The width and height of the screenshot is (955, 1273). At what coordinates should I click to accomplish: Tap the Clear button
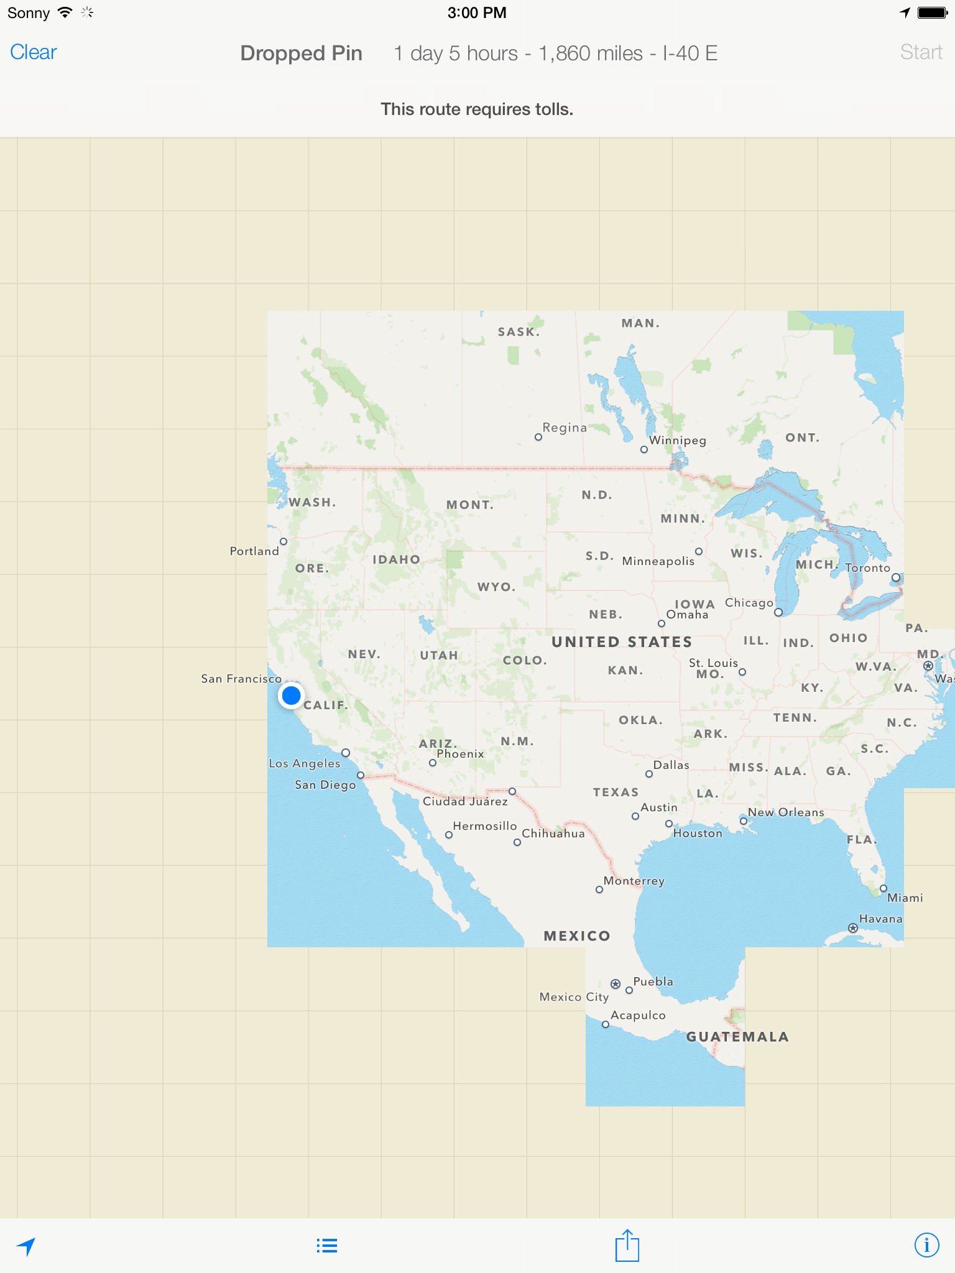click(34, 52)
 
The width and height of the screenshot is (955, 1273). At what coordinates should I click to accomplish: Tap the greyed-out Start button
click(921, 52)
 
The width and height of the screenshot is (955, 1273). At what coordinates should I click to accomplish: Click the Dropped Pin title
click(301, 53)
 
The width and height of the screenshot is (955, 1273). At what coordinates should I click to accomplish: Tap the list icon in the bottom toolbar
click(326, 1246)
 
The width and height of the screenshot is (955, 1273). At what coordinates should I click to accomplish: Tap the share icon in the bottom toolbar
click(627, 1246)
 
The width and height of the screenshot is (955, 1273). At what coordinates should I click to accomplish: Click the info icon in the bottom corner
click(926, 1245)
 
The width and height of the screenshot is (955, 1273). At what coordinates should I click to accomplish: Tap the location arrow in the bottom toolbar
click(26, 1246)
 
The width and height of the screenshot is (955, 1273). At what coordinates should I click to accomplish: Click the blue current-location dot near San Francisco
click(291, 696)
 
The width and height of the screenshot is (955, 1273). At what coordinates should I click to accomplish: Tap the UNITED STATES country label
click(622, 642)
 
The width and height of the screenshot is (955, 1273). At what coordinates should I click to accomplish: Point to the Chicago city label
click(749, 603)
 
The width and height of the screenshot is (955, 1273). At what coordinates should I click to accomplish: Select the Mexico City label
click(574, 997)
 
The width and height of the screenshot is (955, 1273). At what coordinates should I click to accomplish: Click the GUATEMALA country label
click(737, 1037)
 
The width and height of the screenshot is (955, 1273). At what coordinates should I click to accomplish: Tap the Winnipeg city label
click(678, 440)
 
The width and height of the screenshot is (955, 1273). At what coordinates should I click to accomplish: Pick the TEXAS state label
click(616, 793)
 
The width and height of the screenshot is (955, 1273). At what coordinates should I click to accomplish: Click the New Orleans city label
click(786, 812)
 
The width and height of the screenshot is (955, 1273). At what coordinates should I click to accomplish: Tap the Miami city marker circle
click(883, 888)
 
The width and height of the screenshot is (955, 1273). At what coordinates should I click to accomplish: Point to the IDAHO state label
click(396, 559)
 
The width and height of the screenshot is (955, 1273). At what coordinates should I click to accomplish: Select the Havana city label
click(880, 919)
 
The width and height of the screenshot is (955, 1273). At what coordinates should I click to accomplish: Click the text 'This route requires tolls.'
click(477, 109)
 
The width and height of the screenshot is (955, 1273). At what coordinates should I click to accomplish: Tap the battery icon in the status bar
click(933, 13)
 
